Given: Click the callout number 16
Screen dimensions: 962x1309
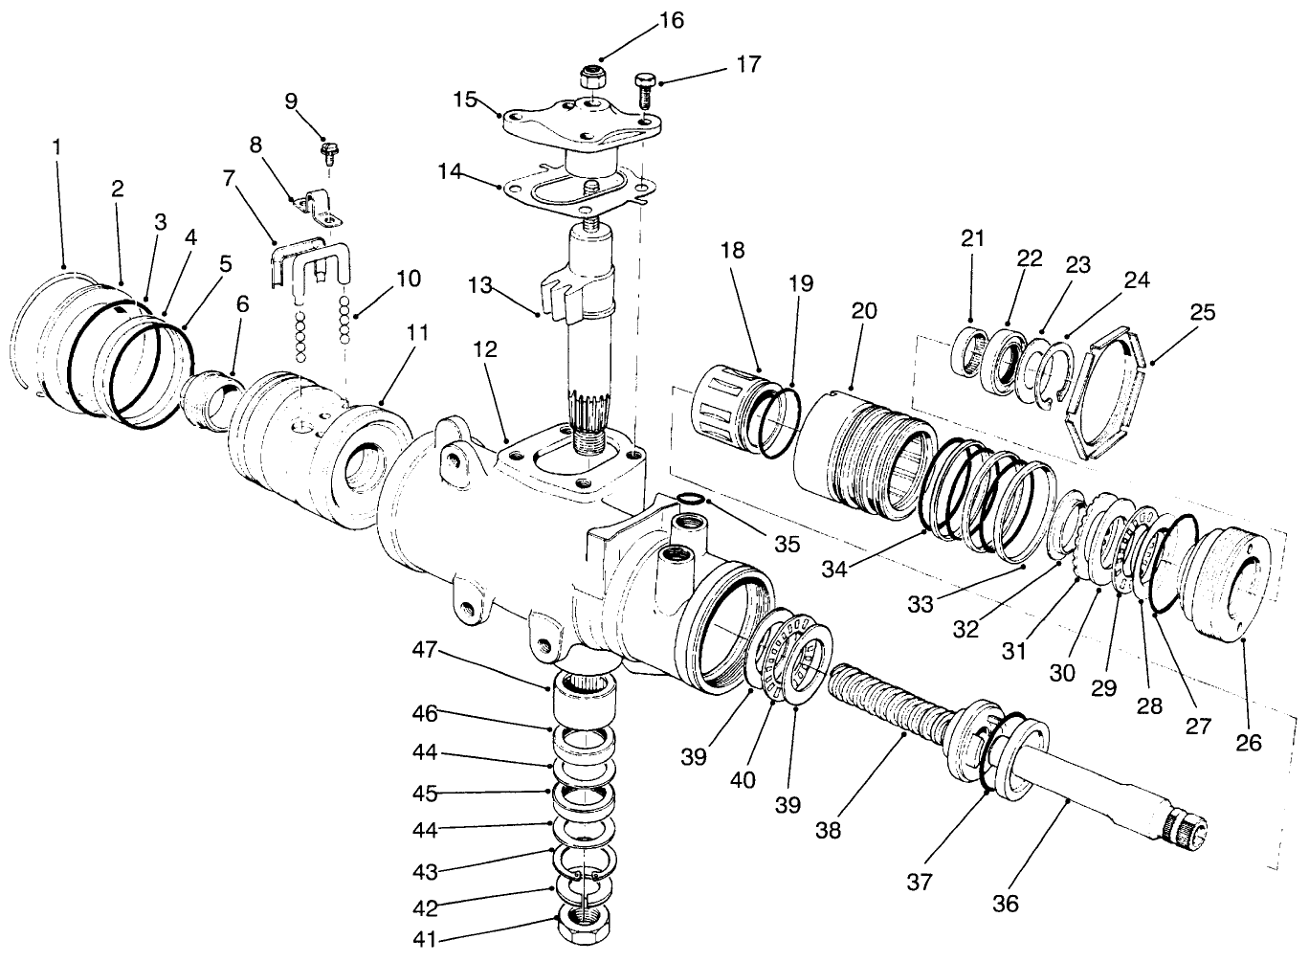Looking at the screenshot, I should (672, 20).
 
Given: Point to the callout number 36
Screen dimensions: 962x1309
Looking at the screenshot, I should (1005, 903).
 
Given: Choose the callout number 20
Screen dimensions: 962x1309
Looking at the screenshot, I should (863, 311).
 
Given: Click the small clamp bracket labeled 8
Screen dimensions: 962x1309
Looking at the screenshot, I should (317, 208).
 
